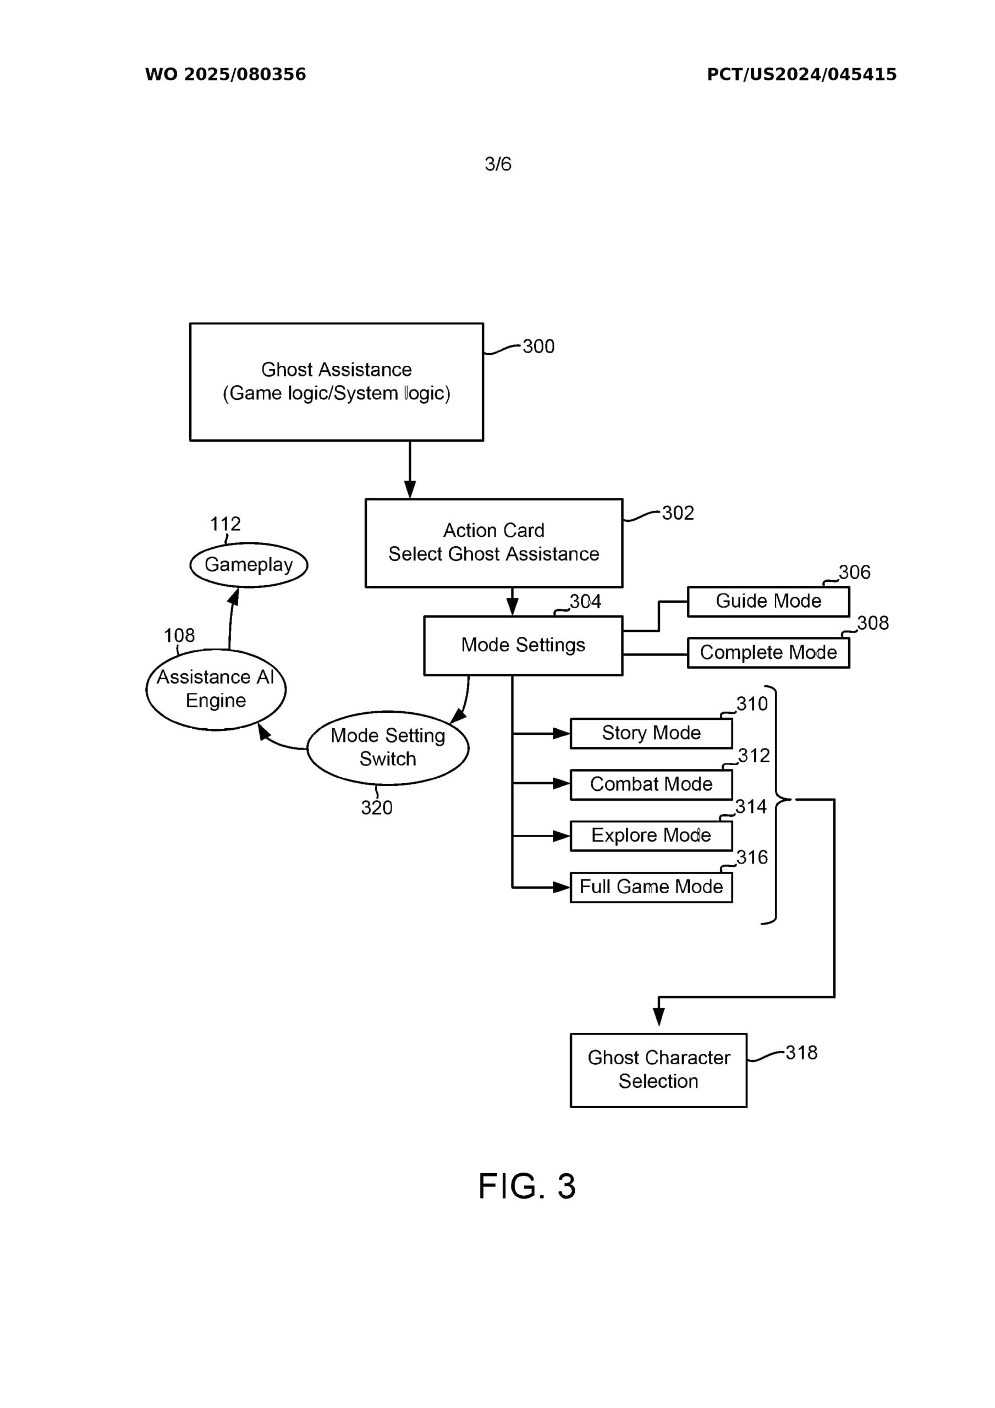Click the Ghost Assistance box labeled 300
336,382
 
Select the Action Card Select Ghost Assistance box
493,543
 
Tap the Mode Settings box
523,645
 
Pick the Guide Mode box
768,601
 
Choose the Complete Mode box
768,652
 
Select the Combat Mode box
651,784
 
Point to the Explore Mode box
651,835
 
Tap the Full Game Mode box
651,887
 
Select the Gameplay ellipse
249,565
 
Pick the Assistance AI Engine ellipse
216,689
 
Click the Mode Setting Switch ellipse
388,747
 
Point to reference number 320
377,807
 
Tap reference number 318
801,1053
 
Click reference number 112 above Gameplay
225,524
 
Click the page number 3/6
497,164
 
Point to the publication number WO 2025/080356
225,75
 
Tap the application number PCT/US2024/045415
801,75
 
